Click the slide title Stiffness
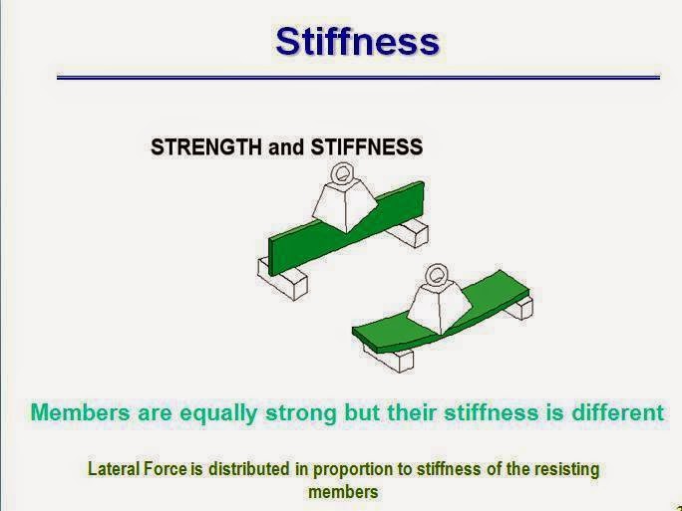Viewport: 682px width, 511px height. tap(357, 41)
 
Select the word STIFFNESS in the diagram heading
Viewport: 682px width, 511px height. tap(367, 147)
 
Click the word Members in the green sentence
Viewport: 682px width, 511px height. tap(80, 411)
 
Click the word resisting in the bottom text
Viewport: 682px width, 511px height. tap(565, 467)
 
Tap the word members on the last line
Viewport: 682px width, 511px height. tap(343, 491)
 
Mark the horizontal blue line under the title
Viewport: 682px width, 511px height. tap(358, 77)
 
